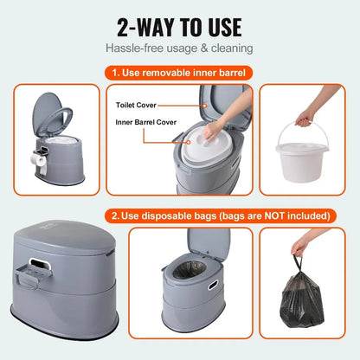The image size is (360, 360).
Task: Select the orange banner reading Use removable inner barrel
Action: pyautogui.click(x=180, y=73)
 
